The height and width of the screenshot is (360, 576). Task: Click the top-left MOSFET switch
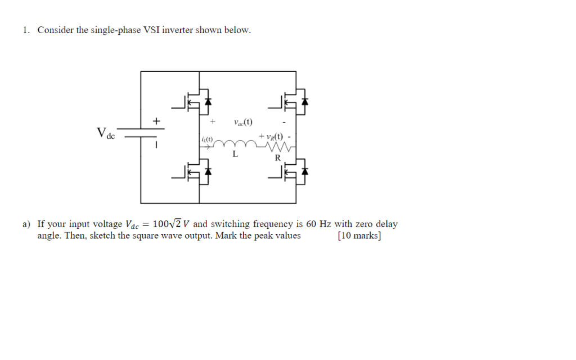pos(197,101)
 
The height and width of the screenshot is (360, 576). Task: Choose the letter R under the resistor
pos(277,159)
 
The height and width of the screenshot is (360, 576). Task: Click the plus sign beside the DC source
pos(157,121)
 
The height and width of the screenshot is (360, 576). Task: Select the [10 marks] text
pos(359,236)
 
